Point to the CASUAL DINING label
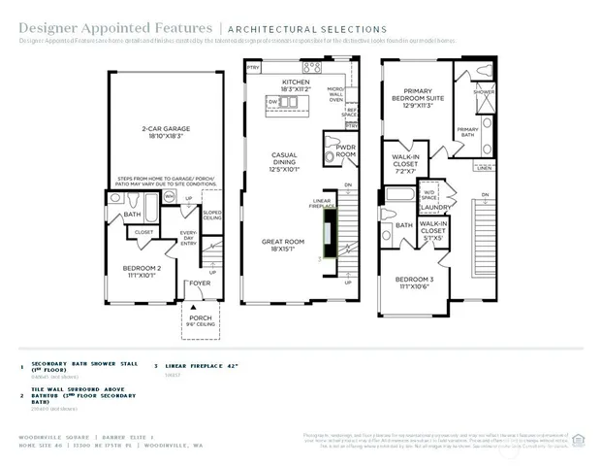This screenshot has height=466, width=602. click(284, 159)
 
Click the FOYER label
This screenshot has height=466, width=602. click(199, 283)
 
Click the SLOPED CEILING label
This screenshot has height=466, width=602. click(212, 216)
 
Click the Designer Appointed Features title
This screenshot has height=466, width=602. click(83, 29)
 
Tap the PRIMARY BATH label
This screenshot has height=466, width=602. click(467, 131)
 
